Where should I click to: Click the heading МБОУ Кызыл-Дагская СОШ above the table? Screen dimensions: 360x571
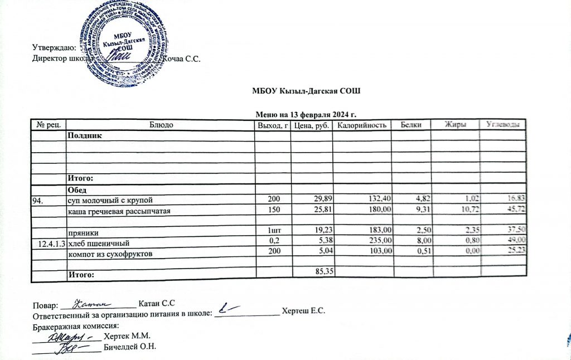pos(306,91)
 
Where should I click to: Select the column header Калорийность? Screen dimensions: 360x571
pos(362,125)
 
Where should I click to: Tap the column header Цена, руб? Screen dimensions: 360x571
pos(311,125)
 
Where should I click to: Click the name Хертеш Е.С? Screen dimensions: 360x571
pos(303,310)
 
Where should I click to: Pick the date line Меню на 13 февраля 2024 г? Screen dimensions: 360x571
pos(306,114)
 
